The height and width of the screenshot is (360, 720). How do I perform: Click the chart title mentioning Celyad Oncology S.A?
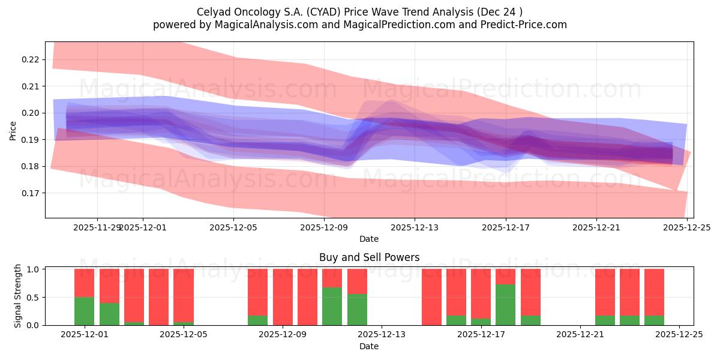click(359, 12)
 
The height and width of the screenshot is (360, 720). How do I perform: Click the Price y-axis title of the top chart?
click(13, 130)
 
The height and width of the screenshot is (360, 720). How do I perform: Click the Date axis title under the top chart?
click(368, 239)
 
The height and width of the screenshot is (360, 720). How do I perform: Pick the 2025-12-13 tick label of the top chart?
click(415, 227)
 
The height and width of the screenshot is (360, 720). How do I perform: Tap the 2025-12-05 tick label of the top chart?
click(233, 227)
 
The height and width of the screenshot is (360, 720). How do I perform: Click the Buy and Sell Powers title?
click(368, 257)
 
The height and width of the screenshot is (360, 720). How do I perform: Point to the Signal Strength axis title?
click(18, 296)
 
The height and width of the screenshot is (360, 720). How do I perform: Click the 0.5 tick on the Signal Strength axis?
click(34, 297)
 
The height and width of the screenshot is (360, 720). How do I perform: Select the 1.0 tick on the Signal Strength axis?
click(34, 269)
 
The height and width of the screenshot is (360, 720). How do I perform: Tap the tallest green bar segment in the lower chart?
click(505, 305)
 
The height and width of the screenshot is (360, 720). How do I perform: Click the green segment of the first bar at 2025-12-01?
click(84, 311)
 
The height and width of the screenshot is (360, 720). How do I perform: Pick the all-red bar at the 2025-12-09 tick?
click(307, 297)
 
